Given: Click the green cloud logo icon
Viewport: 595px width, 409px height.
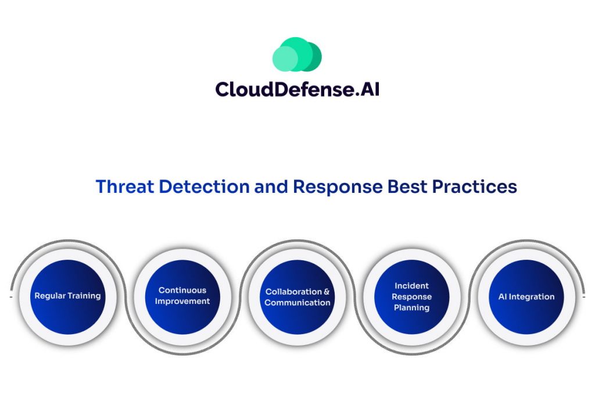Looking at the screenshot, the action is click(297, 54).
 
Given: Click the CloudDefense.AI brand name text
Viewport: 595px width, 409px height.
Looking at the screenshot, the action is click(297, 89).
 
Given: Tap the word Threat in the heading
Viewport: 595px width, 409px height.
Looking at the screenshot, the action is click(125, 186).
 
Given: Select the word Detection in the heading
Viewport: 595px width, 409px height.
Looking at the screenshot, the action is click(204, 186).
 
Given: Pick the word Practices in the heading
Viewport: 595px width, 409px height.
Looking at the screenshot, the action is click(474, 186).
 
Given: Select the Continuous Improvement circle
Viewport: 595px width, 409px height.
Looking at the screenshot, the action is click(182, 297).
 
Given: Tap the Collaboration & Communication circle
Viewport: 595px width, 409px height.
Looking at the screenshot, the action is click(297, 297).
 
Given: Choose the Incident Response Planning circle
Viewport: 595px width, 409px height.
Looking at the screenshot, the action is click(412, 297).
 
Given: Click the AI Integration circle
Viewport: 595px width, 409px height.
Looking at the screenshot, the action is click(526, 297).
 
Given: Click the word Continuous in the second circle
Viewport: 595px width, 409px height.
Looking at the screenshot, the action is click(182, 290).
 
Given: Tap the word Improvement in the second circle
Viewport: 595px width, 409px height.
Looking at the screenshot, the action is click(182, 302).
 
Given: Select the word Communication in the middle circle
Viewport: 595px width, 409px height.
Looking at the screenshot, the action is click(297, 303).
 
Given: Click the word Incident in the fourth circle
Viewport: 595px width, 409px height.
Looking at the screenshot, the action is click(412, 286).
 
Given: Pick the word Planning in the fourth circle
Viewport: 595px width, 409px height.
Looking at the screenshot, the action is click(412, 308).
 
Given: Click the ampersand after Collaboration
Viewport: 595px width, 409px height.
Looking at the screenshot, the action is click(327, 292).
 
